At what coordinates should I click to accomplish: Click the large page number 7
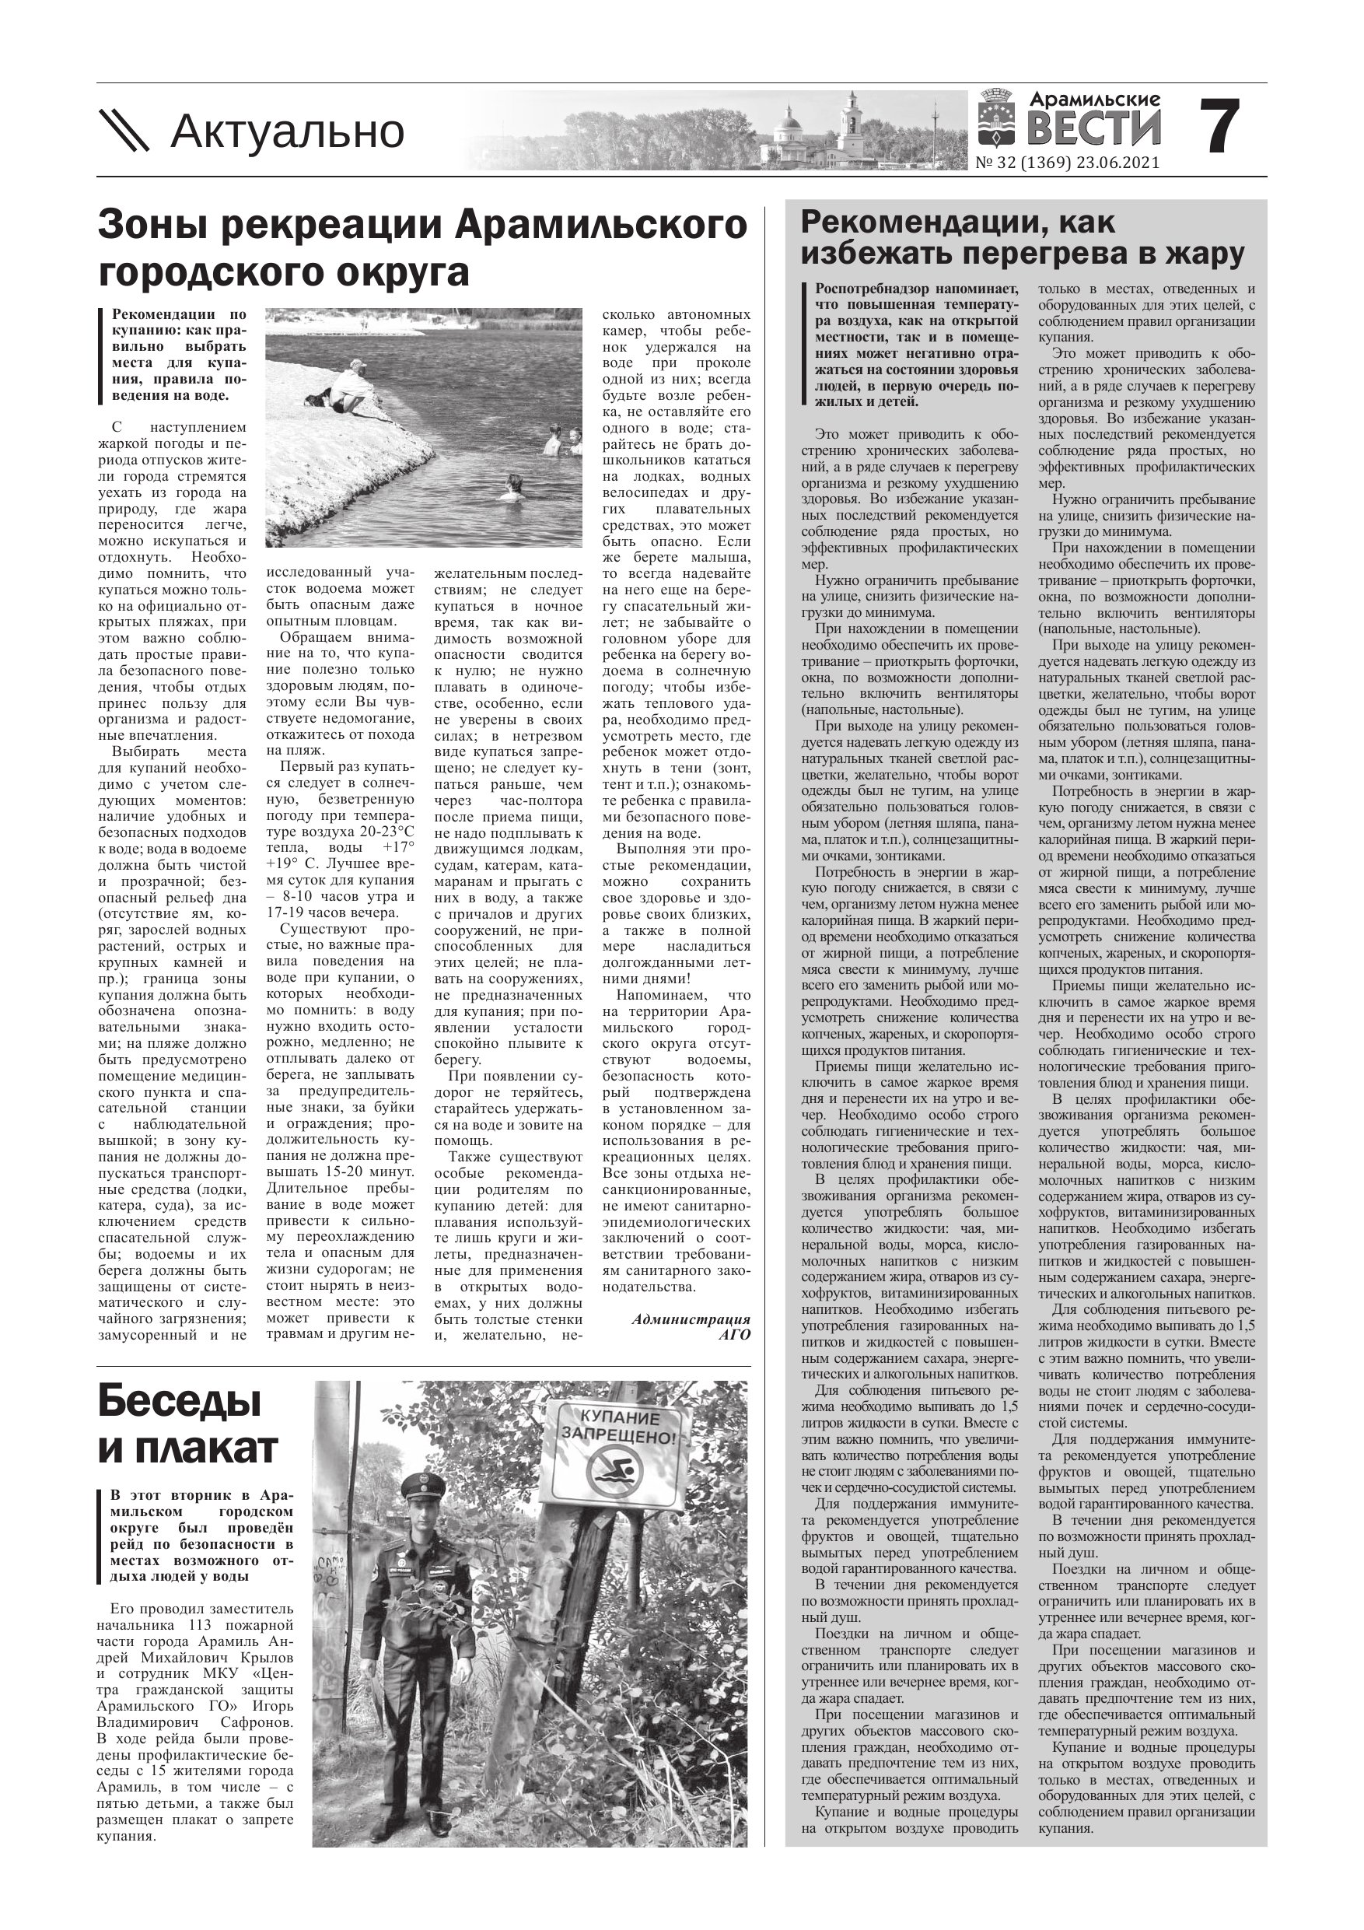1218,127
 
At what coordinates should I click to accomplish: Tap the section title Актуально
288,132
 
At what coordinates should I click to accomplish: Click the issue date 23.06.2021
1121,163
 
